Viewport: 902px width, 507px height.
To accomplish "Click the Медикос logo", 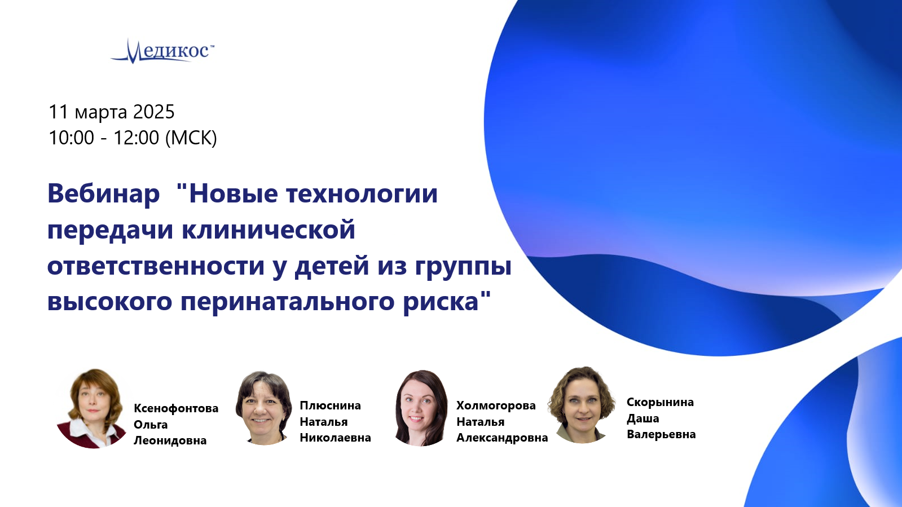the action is (x=162, y=51).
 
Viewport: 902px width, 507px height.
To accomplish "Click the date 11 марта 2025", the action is (x=112, y=112).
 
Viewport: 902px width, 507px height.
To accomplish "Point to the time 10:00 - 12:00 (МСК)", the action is (x=133, y=138).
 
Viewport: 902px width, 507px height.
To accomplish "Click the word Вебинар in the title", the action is (x=103, y=193).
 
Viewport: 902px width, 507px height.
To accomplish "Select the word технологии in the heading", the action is (x=362, y=193).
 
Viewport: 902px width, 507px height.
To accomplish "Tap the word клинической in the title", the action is (x=269, y=230).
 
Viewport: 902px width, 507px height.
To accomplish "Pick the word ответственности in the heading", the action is (x=156, y=266).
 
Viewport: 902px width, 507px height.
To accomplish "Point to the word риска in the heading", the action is (x=441, y=302).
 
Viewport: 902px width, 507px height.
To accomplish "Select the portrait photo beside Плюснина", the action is (x=264, y=408).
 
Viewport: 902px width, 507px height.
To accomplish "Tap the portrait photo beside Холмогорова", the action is (x=421, y=408).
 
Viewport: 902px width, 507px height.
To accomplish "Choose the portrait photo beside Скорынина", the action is (x=581, y=405).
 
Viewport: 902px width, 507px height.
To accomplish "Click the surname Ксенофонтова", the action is (x=176, y=408).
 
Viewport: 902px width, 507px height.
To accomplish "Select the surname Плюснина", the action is (x=330, y=405).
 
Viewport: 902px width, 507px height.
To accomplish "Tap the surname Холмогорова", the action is (x=496, y=405).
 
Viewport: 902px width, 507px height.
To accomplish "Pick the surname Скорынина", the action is (x=660, y=402).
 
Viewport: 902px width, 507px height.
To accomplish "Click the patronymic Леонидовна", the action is (x=170, y=440).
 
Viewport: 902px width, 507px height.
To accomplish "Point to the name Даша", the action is (x=643, y=418).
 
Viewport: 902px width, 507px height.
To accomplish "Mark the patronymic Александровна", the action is (x=502, y=438).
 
